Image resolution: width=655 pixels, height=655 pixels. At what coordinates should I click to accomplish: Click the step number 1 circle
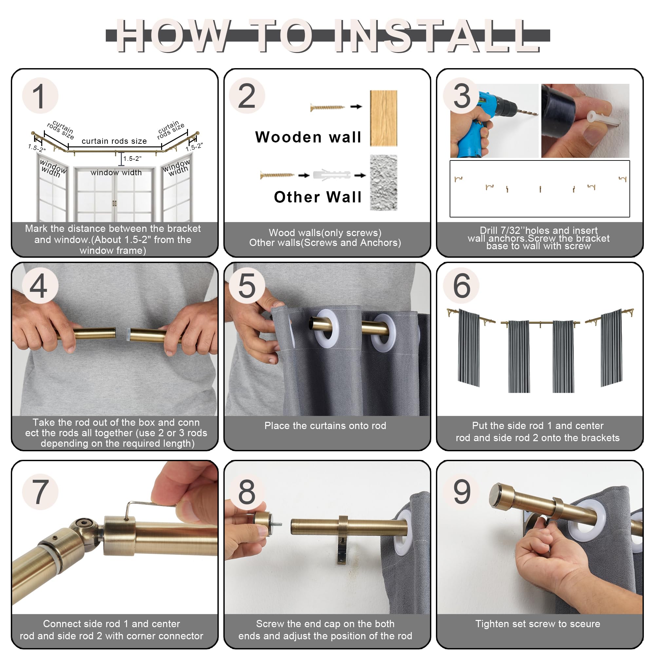(40, 96)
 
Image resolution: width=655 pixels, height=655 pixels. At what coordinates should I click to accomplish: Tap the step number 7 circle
(40, 492)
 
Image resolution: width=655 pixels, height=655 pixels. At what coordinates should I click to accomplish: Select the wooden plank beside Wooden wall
(384, 118)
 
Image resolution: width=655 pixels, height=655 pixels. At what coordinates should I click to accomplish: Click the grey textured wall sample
(384, 183)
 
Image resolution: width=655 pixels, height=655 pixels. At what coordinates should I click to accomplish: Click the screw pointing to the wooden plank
(327, 107)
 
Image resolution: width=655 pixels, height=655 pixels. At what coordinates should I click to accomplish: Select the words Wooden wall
(308, 137)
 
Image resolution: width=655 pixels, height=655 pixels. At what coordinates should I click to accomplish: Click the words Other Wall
(318, 197)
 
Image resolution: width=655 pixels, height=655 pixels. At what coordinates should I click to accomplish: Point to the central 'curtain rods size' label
(114, 141)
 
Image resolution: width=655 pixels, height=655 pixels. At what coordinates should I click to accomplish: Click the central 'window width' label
(116, 173)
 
